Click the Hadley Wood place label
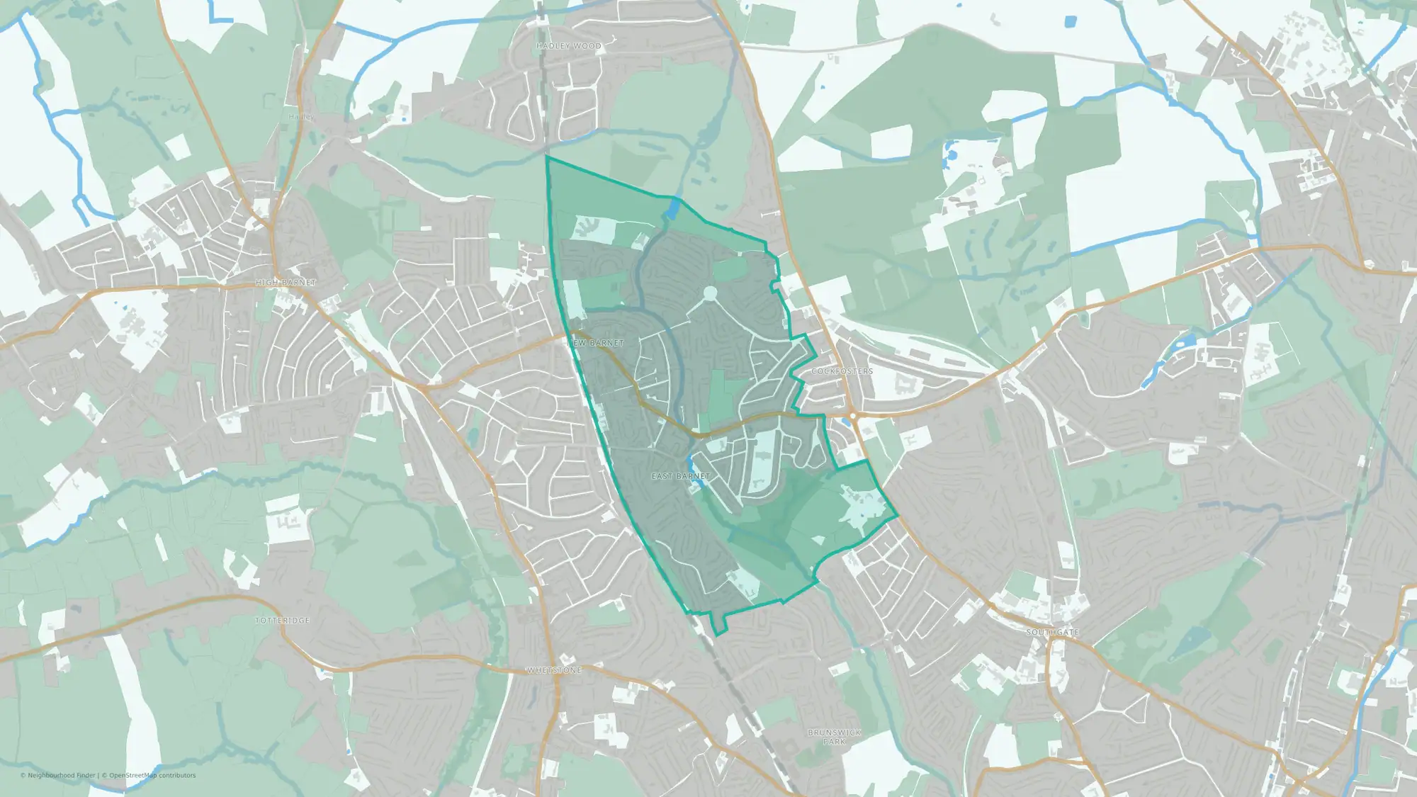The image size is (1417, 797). (x=568, y=46)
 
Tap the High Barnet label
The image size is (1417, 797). (x=286, y=283)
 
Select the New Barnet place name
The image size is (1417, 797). (x=597, y=343)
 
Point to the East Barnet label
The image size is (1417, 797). (x=680, y=476)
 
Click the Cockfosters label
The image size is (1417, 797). (x=842, y=371)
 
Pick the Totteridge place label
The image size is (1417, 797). (x=282, y=621)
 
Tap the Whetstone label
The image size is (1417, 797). (x=553, y=670)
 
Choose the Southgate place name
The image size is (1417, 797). (x=1052, y=632)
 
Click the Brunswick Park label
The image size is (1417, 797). (x=834, y=737)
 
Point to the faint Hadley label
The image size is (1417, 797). (x=301, y=116)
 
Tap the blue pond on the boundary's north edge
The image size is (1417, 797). (x=672, y=208)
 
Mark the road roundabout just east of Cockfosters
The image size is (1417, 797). (x=853, y=416)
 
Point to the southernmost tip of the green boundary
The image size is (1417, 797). (x=716, y=635)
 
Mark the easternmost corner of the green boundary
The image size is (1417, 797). (x=897, y=516)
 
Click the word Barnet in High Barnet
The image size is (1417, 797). (x=299, y=283)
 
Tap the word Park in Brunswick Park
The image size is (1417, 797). (x=834, y=742)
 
